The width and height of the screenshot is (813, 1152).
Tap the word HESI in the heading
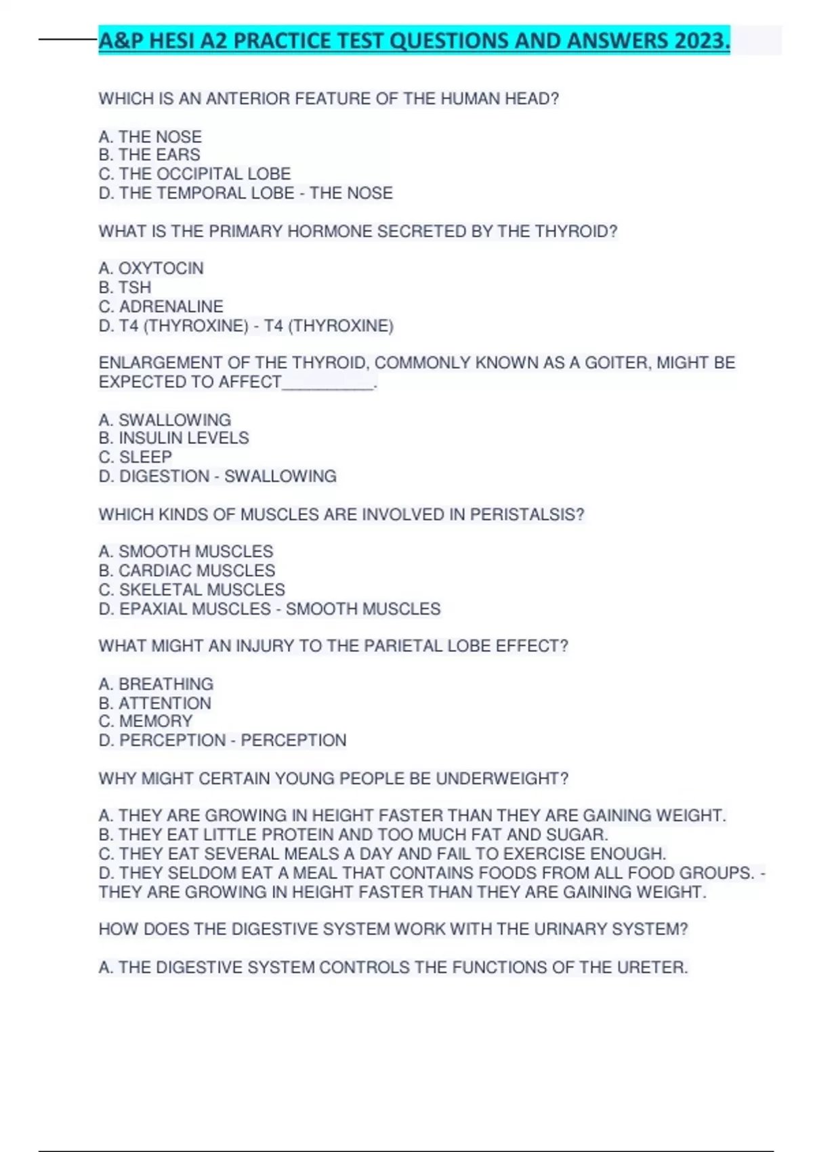[173, 41]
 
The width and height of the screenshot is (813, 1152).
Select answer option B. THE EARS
[149, 155]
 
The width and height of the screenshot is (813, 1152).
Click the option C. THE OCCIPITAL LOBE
[194, 174]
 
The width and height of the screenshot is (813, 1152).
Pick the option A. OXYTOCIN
[150, 268]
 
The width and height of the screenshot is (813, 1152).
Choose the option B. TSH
[125, 287]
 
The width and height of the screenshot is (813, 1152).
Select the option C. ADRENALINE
[161, 306]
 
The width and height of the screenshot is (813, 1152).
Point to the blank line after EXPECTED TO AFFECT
[329, 384]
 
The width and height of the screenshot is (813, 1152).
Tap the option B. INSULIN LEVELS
[173, 438]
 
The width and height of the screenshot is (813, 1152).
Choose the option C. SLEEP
[135, 457]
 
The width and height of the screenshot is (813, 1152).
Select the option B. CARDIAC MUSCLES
[186, 571]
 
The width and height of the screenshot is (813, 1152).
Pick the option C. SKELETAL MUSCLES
[191, 590]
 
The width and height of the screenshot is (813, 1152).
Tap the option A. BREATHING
[156, 684]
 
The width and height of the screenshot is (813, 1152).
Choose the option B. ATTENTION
[154, 703]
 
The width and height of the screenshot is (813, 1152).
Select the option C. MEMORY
[146, 721]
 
